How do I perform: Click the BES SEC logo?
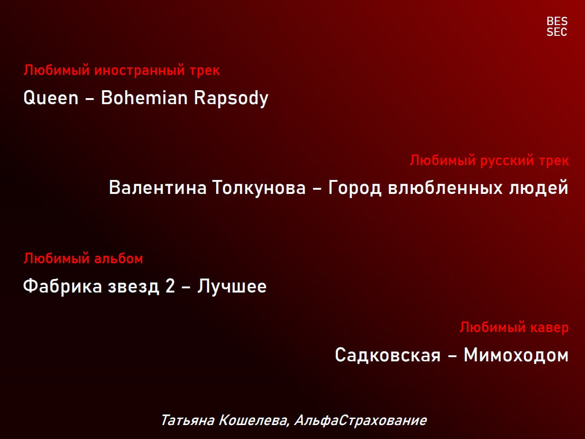(x=557, y=27)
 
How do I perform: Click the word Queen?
(x=51, y=98)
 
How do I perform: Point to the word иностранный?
(x=140, y=70)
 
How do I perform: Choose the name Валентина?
(x=158, y=187)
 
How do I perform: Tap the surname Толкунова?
(x=259, y=188)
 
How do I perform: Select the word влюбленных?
(x=445, y=187)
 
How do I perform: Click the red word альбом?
(x=119, y=258)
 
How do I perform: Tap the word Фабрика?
(x=63, y=286)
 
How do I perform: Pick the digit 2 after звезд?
(x=170, y=286)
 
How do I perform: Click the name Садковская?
(x=388, y=355)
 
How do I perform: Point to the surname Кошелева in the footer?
(x=254, y=420)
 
